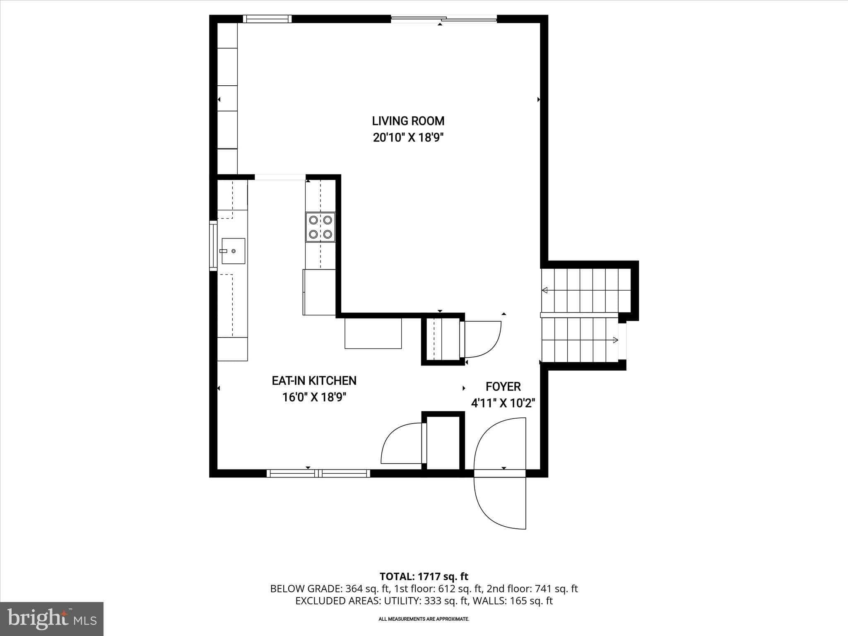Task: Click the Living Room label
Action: pyautogui.click(x=408, y=121)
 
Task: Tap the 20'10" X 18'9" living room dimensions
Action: pyautogui.click(x=408, y=137)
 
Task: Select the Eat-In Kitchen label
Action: pyautogui.click(x=314, y=381)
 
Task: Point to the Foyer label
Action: pyautogui.click(x=503, y=387)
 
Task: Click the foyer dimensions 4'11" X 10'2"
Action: pyautogui.click(x=503, y=403)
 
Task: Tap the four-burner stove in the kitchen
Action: pyautogui.click(x=320, y=227)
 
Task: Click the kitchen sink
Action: pyautogui.click(x=233, y=251)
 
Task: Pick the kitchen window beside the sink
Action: pyautogui.click(x=213, y=246)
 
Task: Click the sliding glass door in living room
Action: pyautogui.click(x=444, y=19)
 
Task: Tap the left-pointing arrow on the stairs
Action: pyautogui.click(x=545, y=290)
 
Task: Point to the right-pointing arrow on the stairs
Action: pyautogui.click(x=615, y=340)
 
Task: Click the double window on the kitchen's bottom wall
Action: pyautogui.click(x=318, y=473)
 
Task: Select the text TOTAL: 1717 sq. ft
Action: pyautogui.click(x=424, y=576)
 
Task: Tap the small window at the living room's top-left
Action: pyautogui.click(x=267, y=19)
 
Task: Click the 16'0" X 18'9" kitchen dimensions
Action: pyautogui.click(x=314, y=397)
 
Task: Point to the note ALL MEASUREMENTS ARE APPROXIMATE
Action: pyautogui.click(x=424, y=619)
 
